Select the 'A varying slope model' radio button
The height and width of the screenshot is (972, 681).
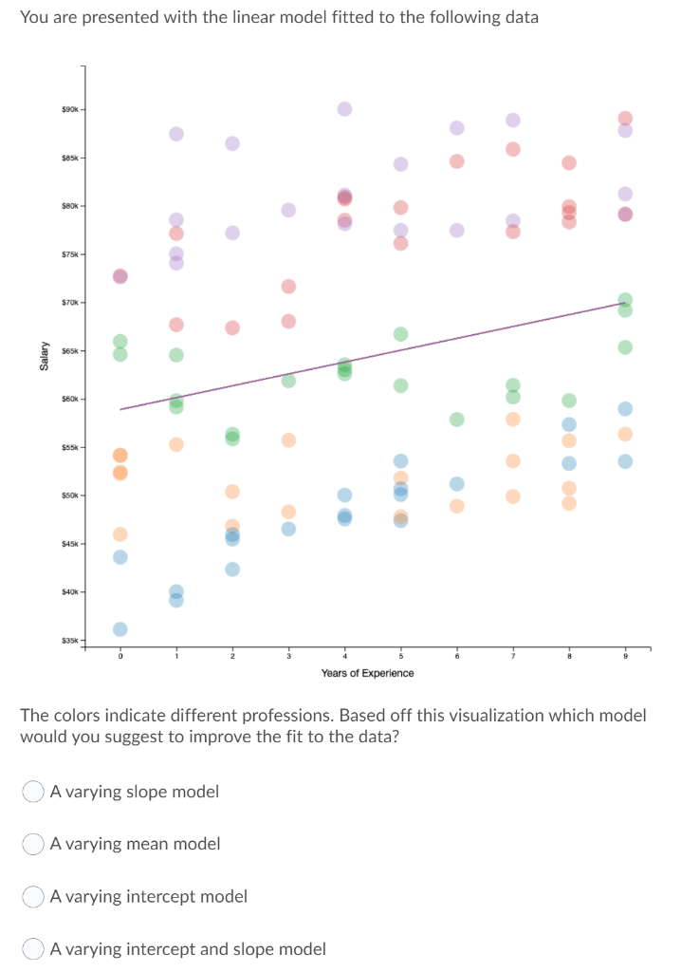[x=34, y=791]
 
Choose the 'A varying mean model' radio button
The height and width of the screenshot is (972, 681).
[x=34, y=843]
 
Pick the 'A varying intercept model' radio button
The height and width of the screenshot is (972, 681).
[x=34, y=896]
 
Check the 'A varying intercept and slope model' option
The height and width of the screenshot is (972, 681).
[x=34, y=948]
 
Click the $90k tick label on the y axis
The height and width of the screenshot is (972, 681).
[x=71, y=108]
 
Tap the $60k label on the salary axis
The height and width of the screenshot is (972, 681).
[x=71, y=399]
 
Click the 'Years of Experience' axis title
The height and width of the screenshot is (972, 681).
[x=367, y=673]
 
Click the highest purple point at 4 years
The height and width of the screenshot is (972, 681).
[x=344, y=108]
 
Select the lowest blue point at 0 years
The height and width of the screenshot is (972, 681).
[x=120, y=629]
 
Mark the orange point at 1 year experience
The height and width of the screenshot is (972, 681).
[x=176, y=444]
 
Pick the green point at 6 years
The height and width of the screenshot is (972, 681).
[x=457, y=419]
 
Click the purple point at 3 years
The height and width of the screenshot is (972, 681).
[x=288, y=209]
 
